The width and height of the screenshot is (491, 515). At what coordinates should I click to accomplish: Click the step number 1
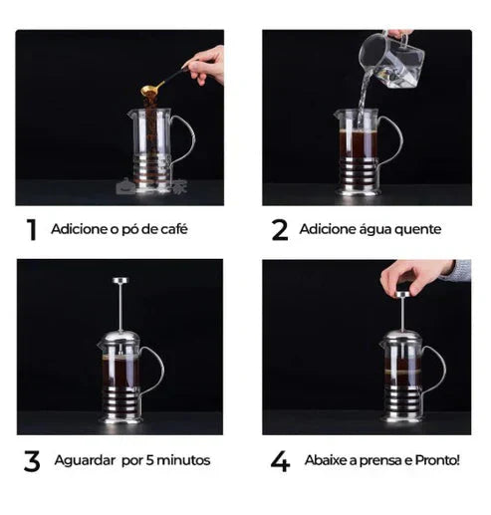(x=32, y=230)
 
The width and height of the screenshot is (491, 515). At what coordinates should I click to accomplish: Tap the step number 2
(x=279, y=230)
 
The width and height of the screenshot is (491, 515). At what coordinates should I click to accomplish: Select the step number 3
(x=32, y=461)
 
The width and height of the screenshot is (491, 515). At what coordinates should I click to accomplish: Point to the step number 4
(x=280, y=461)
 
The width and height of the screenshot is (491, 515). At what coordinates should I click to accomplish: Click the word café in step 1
(x=172, y=230)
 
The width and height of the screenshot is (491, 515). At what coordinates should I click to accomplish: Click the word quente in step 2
(x=416, y=230)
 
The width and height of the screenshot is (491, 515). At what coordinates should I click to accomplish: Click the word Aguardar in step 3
(x=88, y=461)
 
